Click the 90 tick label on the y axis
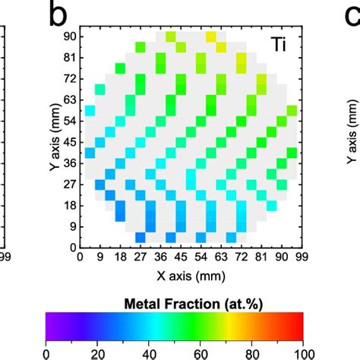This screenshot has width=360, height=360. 69,36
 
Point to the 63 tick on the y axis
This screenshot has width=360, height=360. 69,99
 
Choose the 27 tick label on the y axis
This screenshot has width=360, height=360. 69,184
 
